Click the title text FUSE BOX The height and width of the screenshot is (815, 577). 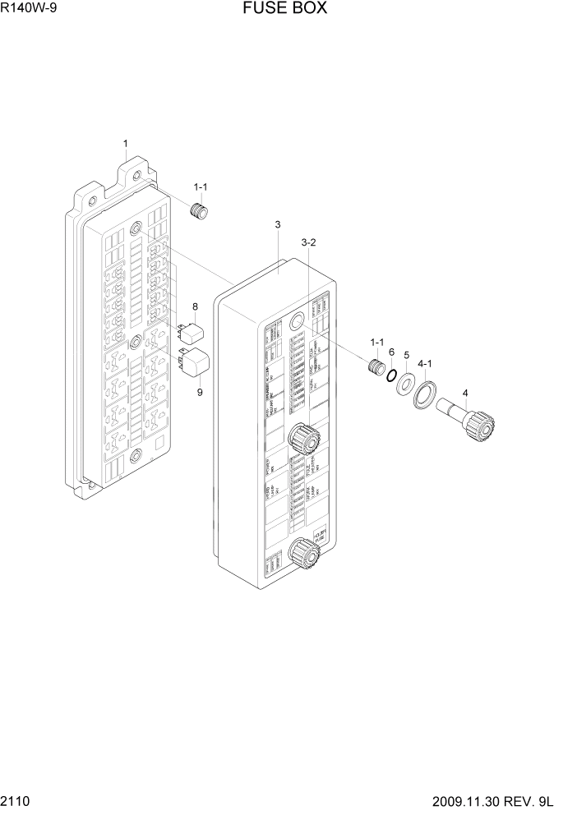(x=285, y=9)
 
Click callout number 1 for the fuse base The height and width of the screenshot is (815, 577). (x=125, y=145)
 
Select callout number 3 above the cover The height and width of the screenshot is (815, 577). (x=278, y=225)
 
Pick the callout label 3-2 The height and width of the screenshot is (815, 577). (x=309, y=242)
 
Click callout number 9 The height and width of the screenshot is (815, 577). (x=199, y=391)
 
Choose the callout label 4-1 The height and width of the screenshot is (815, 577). (x=425, y=362)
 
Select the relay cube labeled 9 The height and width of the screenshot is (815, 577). (x=194, y=361)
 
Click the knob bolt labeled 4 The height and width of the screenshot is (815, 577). (x=469, y=418)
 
